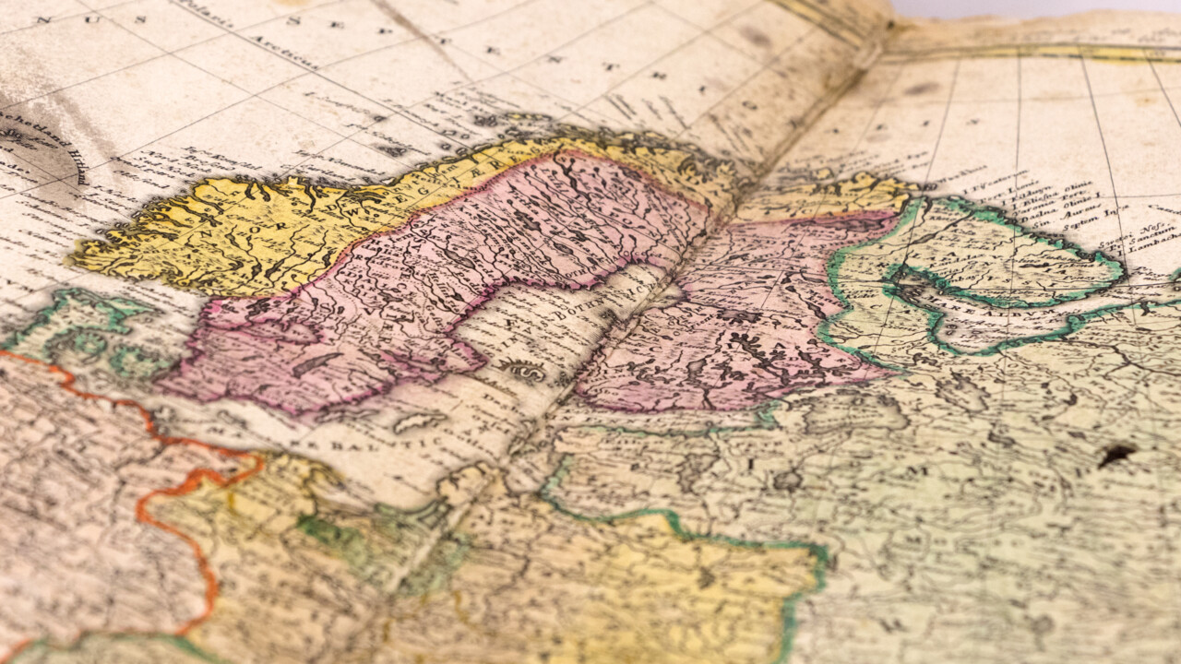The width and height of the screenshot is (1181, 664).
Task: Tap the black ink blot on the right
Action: [1116, 453]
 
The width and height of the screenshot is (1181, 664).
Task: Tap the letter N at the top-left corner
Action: [42, 18]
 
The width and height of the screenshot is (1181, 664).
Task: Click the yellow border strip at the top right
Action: [1033, 51]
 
